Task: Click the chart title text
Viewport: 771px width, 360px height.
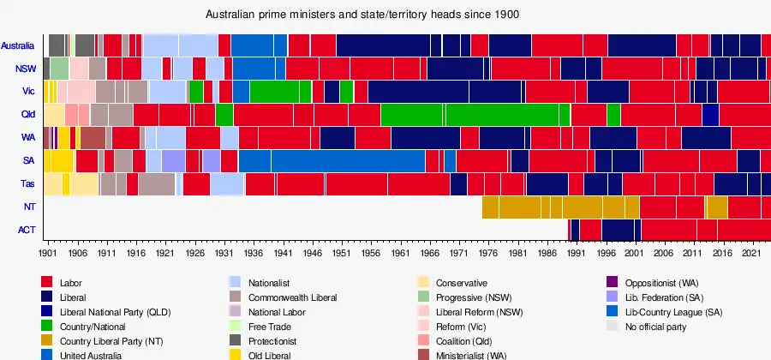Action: [x=362, y=15]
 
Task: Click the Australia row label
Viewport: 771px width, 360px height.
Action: [x=18, y=45]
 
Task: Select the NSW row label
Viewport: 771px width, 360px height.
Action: [x=25, y=69]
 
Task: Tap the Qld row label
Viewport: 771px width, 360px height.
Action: [x=27, y=115]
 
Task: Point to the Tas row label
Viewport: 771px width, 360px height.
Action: [x=27, y=184]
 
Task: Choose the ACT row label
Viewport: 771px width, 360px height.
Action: [x=27, y=230]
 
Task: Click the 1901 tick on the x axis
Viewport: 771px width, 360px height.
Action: [x=48, y=254]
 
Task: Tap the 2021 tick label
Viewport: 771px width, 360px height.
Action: [x=750, y=254]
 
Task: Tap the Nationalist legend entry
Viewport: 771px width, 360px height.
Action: [x=270, y=283]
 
